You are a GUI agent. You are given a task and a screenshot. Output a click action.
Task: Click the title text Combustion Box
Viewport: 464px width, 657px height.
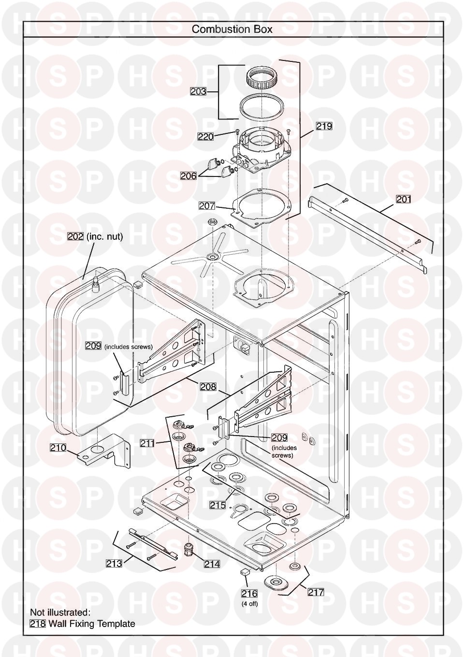(232, 29)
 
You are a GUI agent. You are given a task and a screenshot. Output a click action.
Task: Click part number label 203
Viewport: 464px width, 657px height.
(198, 91)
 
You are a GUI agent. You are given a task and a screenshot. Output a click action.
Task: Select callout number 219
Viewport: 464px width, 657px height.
(324, 126)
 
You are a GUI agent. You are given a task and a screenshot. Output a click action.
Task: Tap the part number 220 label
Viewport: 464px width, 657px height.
(205, 136)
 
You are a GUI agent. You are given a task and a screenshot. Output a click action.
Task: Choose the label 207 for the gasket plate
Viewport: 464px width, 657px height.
(207, 206)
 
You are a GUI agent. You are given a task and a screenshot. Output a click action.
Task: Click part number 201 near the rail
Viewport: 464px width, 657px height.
(404, 199)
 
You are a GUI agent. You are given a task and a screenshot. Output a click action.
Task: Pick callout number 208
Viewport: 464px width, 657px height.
(208, 387)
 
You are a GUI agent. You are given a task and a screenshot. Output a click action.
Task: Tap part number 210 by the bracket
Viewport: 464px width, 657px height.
(58, 456)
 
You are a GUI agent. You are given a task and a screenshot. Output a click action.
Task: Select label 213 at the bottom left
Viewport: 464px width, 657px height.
(114, 563)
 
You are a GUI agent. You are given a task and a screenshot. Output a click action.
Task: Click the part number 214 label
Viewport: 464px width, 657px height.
(212, 564)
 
